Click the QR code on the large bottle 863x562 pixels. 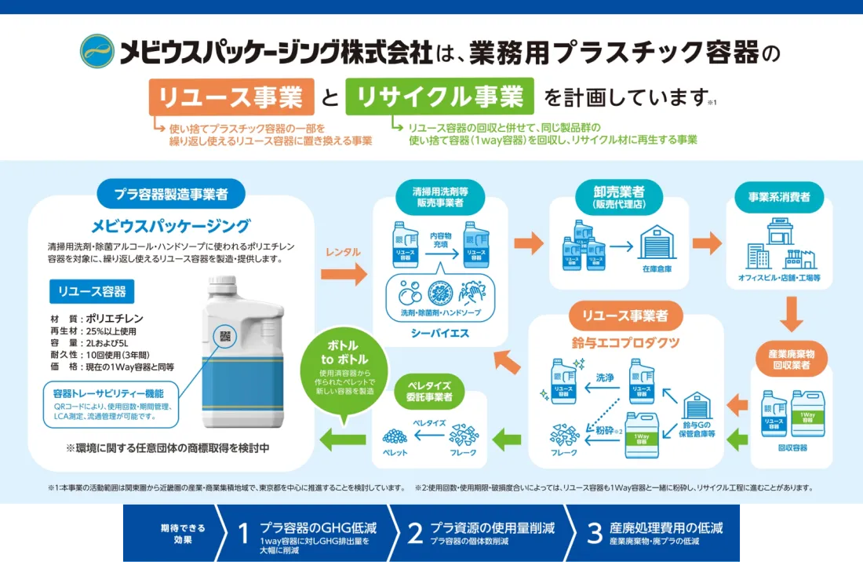pos(224,336)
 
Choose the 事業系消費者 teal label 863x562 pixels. pos(774,196)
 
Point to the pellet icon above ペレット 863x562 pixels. pos(395,436)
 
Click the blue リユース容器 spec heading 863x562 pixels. pos(92,291)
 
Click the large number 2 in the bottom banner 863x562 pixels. pos(415,534)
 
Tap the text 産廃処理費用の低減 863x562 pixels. pos(665,527)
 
